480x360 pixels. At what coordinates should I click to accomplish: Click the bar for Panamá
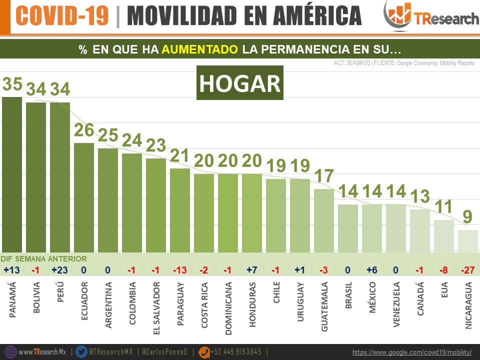(12, 175)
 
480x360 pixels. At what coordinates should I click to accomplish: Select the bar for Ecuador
(84, 197)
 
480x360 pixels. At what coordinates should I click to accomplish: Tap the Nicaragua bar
(468, 241)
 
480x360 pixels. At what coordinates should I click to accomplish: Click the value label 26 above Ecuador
(84, 130)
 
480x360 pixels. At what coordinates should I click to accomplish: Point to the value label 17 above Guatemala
(324, 176)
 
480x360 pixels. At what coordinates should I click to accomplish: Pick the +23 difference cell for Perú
(60, 270)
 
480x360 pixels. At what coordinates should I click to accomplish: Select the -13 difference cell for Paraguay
(180, 270)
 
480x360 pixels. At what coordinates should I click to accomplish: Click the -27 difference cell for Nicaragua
(468, 270)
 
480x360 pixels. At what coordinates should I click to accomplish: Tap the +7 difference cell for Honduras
(252, 270)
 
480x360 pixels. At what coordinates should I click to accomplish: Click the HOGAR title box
(240, 83)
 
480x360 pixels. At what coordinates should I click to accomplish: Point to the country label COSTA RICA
(204, 305)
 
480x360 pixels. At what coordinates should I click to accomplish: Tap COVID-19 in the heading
(62, 16)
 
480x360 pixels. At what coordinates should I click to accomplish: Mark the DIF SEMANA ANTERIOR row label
(43, 259)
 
